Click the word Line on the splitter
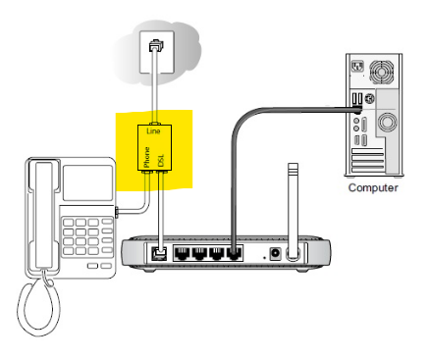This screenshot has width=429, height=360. coord(153,131)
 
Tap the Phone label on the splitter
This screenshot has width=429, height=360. coord(147,157)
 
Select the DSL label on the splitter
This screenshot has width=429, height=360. coord(161,161)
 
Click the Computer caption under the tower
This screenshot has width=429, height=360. coord(373,187)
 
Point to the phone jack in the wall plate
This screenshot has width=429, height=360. coord(156,45)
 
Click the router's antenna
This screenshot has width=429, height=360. coord(293,209)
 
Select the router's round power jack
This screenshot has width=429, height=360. coord(275,254)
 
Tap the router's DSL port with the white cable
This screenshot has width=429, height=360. coord(160,254)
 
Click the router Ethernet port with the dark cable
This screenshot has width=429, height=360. coord(234,253)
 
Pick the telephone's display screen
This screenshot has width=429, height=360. coord(87,182)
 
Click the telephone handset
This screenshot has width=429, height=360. coord(43,215)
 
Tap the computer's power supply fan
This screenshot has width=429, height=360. coord(381,72)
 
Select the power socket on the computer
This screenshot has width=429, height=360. coord(357,67)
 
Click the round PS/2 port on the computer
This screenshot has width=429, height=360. coord(370,98)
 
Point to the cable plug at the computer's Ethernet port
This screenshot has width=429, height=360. coord(357,109)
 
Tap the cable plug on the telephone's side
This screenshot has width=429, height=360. coord(117,212)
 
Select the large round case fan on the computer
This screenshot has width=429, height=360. coord(388,122)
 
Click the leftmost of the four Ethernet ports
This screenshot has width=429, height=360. coord(182,253)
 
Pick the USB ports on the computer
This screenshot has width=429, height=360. coord(357,98)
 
